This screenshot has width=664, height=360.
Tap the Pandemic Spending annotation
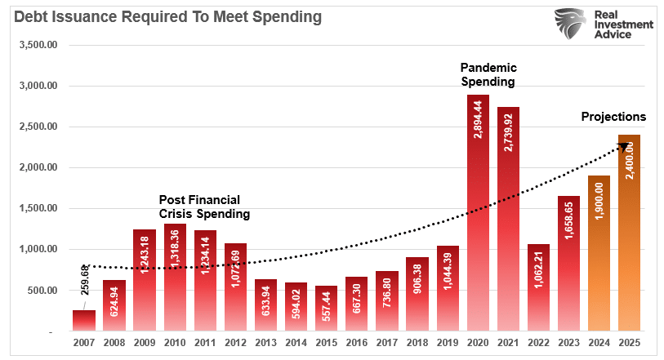tap(488, 74)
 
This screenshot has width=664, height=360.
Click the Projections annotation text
tap(613, 117)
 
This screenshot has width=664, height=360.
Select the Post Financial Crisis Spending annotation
tap(204, 206)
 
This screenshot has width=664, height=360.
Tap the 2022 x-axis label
tap(539, 343)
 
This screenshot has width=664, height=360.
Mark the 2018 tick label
tap(417, 343)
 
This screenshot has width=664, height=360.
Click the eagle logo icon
tap(570, 24)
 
